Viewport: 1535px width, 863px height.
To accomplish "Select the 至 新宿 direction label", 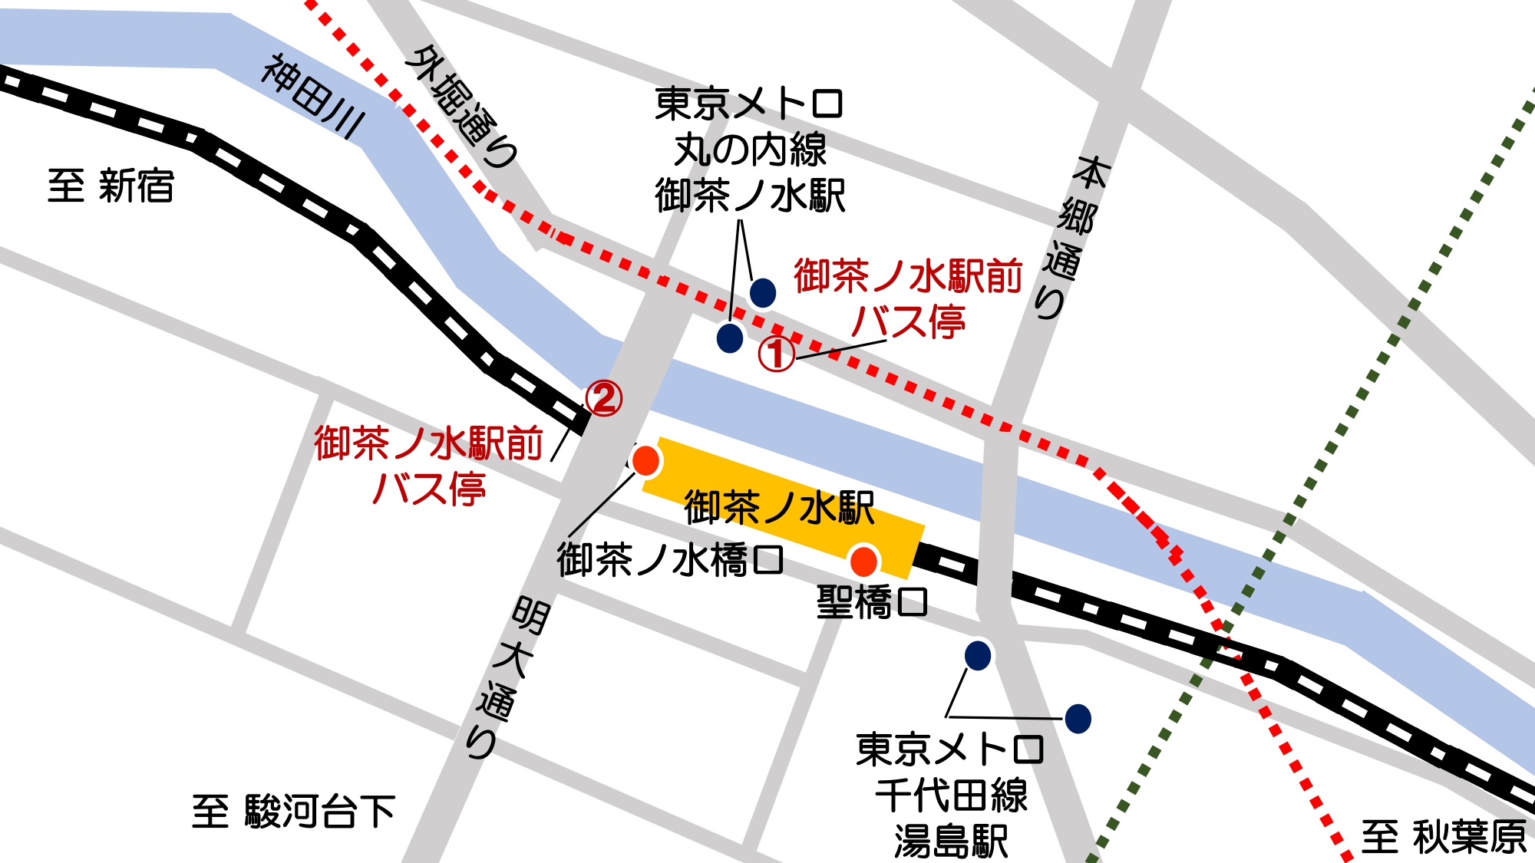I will (x=111, y=186).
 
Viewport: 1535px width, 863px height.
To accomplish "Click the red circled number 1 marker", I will (x=776, y=354).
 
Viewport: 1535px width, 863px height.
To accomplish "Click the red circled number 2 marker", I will (x=604, y=399).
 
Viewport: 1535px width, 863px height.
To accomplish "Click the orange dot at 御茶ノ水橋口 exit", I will (x=645, y=460).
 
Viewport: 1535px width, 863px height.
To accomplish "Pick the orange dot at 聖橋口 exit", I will (x=864, y=562).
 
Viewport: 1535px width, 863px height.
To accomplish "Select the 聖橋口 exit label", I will (x=872, y=602).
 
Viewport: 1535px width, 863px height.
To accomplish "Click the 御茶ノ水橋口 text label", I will (x=670, y=560).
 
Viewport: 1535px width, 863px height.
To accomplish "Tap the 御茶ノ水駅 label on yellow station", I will (x=779, y=507).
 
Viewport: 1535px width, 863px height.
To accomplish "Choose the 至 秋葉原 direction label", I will (x=1444, y=837).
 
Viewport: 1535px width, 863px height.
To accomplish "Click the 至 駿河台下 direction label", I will (x=294, y=812).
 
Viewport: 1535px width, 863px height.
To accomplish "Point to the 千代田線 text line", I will (x=951, y=795).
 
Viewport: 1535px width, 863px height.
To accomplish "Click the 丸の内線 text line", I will (x=750, y=150).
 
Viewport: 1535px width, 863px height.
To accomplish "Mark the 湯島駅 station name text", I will (x=951, y=842).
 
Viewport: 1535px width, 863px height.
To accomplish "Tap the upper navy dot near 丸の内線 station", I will (x=762, y=292).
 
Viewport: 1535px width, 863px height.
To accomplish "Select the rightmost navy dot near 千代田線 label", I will (x=1078, y=719).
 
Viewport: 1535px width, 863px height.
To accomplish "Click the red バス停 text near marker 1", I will (x=909, y=321).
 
